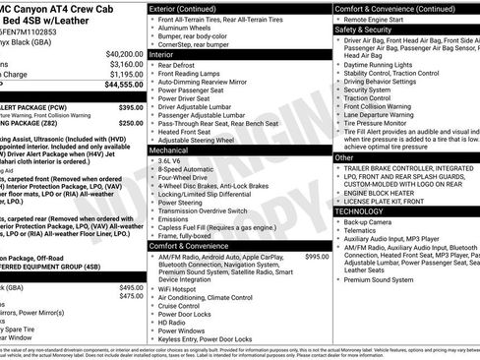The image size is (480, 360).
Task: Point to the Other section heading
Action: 344,157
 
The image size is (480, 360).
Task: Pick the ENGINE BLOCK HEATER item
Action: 382,193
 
